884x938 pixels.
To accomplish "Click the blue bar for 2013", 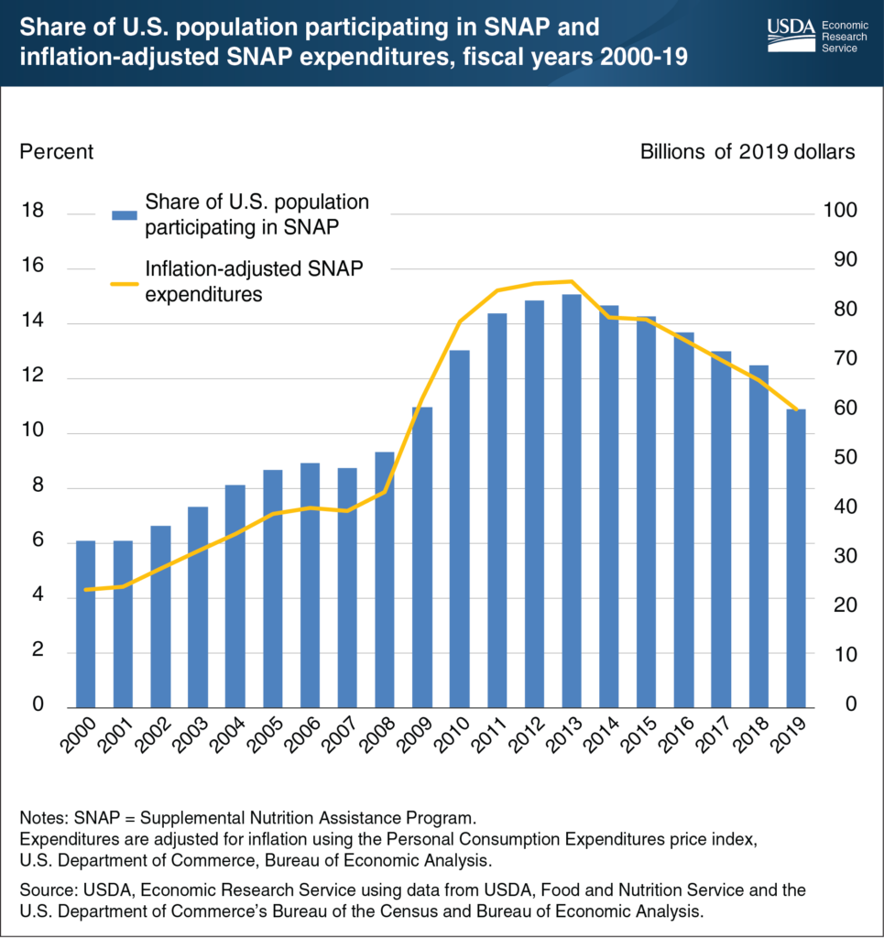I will [x=571, y=499].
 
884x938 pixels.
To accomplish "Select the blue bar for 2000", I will [x=85, y=623].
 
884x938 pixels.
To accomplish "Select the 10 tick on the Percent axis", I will [x=31, y=432].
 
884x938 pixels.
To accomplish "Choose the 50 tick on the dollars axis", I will [x=843, y=458].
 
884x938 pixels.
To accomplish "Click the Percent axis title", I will [x=57, y=151].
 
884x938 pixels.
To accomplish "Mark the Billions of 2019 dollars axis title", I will [x=747, y=151].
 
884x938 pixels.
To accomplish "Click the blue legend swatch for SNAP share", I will [x=124, y=214].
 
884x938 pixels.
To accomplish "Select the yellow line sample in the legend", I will [x=124, y=282].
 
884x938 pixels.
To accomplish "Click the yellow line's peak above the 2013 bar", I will [x=571, y=281].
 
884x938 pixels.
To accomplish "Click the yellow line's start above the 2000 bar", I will [x=85, y=590].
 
